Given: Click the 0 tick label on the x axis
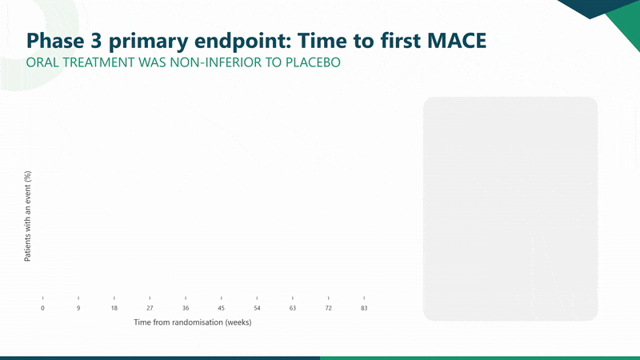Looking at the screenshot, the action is click(x=42, y=308).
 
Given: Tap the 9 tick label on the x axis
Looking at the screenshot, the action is click(x=78, y=308).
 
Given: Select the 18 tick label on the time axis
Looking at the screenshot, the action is click(x=114, y=308).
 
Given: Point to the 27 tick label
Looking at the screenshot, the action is click(x=150, y=308).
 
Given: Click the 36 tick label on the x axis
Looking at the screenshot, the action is click(x=186, y=308).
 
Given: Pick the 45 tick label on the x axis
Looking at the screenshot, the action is click(x=222, y=308).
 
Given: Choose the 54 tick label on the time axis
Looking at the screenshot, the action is click(x=257, y=308).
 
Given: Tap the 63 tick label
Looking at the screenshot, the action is click(x=293, y=308).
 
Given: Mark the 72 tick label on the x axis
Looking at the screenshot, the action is click(x=329, y=308).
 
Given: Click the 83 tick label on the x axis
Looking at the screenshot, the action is click(x=364, y=308).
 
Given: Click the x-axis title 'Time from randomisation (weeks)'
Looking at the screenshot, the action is click(x=193, y=322).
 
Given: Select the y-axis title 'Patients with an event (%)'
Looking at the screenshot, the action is click(x=27, y=216).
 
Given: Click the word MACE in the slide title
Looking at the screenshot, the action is click(x=457, y=41).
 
